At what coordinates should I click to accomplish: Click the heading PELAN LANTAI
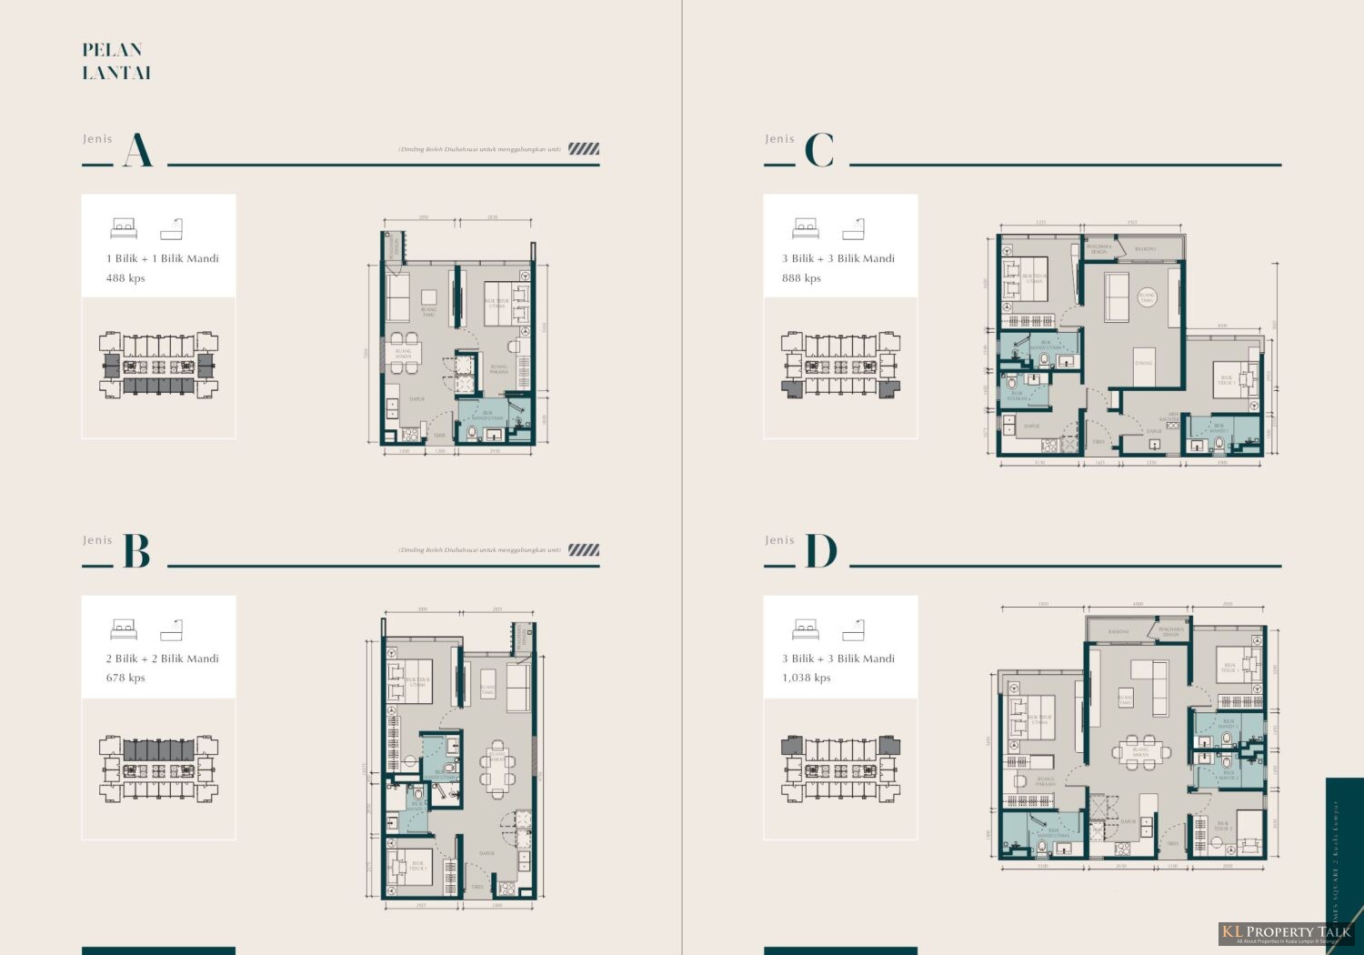tap(115, 61)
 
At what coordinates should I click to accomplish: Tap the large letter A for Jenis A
tap(137, 150)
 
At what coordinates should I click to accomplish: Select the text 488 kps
tap(125, 278)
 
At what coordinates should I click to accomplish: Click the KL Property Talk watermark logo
tap(1285, 932)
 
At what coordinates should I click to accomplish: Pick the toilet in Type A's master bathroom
tap(472, 431)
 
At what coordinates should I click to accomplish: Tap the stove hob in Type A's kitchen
tap(394, 414)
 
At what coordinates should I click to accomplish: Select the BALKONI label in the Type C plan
tap(1145, 248)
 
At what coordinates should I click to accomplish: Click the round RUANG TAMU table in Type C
tap(1148, 297)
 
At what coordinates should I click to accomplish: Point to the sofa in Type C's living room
tap(1116, 297)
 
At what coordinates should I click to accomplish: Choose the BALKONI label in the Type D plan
tap(1118, 631)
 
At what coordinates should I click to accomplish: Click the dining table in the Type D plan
tap(1140, 752)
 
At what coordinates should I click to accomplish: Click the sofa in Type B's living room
tap(518, 689)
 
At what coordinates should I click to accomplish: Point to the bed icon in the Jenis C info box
tap(806, 228)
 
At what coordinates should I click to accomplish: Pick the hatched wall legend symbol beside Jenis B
tap(584, 550)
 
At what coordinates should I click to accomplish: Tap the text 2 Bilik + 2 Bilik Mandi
tap(162, 658)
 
